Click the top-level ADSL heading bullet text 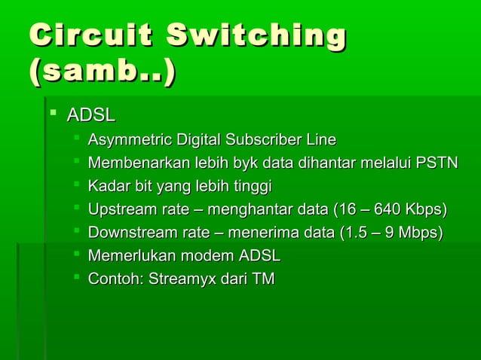pos(91,116)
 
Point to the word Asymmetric pos(130,140)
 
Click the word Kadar pos(107,186)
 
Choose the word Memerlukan pos(130,256)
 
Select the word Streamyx pos(182,279)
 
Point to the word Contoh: pos(115,279)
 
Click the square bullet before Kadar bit pos(76,185)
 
